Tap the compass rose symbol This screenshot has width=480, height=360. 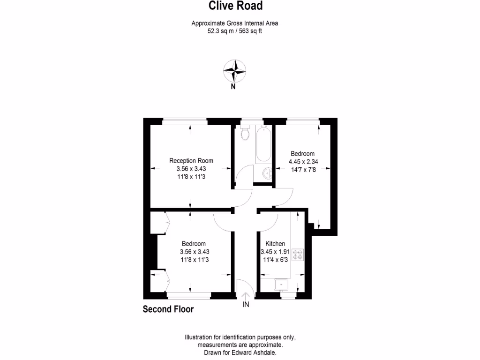click(234, 71)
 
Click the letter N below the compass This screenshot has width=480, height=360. click(233, 86)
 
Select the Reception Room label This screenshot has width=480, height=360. click(191, 161)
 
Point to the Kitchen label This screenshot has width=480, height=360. click(275, 244)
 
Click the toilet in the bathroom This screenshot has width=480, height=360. click(244, 134)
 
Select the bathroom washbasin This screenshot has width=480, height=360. click(267, 173)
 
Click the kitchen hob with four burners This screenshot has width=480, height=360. click(298, 255)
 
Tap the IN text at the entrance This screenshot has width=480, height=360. click(246, 305)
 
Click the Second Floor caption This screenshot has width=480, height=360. click(168, 309)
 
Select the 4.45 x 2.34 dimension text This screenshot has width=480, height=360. click(303, 162)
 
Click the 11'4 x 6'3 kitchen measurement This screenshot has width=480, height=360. click(276, 260)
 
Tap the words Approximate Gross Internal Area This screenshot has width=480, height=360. click(238, 23)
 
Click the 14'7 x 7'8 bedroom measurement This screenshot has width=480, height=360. click(303, 170)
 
